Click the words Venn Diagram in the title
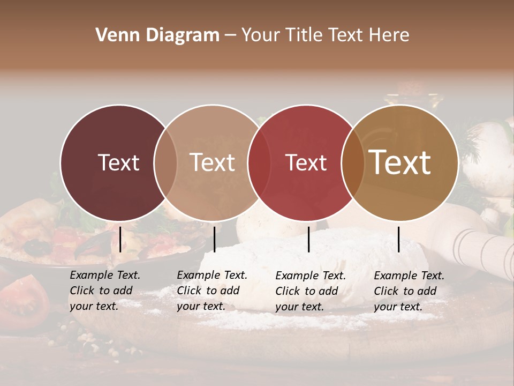coord(157,35)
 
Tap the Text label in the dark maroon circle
coord(118,162)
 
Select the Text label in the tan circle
coord(212,162)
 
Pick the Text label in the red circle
coord(306,162)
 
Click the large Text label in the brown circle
coord(400,162)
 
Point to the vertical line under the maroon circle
coord(120,239)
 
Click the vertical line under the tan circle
coord(214,239)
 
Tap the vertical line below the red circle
coord(309,239)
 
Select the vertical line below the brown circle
coord(398,239)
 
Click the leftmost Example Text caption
coord(104,291)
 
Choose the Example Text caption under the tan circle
coord(211,291)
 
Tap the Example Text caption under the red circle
coord(310,291)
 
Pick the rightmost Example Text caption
coord(409,291)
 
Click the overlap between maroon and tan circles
coord(165,162)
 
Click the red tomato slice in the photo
coord(24,300)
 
